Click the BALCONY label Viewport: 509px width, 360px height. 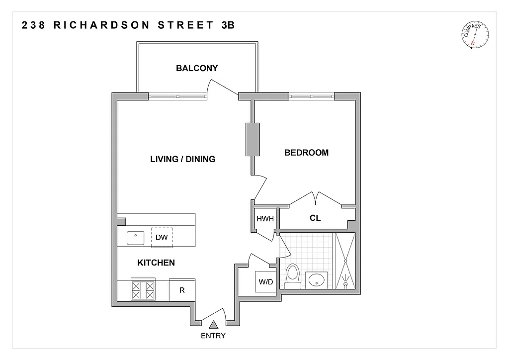[x=197, y=69]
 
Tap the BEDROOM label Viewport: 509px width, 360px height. [x=306, y=153]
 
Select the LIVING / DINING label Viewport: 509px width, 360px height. [x=182, y=159]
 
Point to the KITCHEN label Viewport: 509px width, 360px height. [x=156, y=263]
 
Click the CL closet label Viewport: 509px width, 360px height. [x=315, y=218]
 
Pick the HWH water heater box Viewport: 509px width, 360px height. [x=261, y=219]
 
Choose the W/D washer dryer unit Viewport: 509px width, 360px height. [x=266, y=282]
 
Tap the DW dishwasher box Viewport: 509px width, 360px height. [x=162, y=237]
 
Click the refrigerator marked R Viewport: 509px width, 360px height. [x=182, y=290]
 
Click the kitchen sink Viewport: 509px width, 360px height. [x=135, y=238]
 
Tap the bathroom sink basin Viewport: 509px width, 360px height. [x=315, y=280]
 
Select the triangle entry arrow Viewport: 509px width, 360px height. [x=213, y=325]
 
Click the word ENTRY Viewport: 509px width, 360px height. [x=213, y=336]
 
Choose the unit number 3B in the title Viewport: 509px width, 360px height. [x=228, y=26]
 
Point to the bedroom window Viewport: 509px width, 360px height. [x=312, y=95]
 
